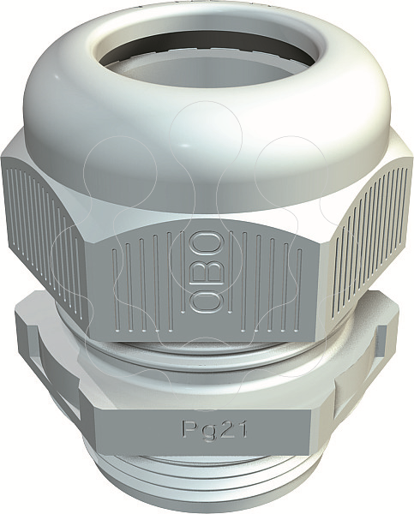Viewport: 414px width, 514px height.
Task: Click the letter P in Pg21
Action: [x=189, y=427]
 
